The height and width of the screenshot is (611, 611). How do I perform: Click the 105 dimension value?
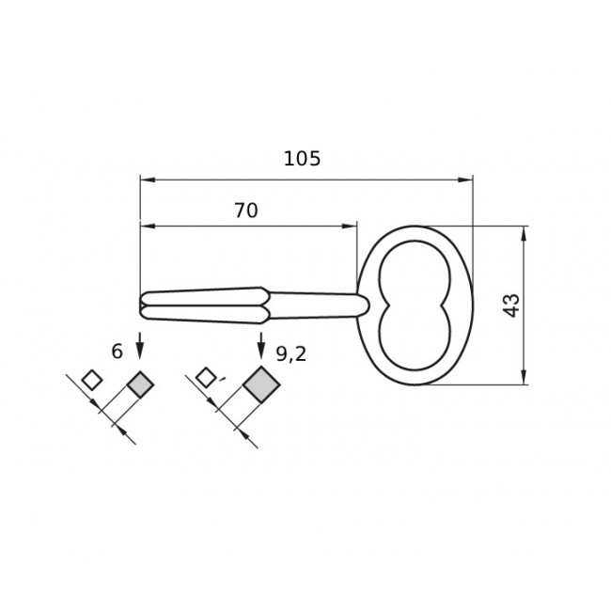click(302, 159)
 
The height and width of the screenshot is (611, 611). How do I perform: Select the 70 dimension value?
click(246, 211)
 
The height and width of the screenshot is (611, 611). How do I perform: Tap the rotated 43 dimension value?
click(510, 305)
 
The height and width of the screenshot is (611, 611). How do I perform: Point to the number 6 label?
click(117, 352)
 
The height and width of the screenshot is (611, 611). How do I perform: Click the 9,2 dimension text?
click(291, 354)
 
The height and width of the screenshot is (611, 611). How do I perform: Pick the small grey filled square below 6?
click(140, 384)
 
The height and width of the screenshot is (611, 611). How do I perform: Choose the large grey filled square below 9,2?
click(261, 384)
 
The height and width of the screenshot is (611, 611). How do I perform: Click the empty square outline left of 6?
click(92, 380)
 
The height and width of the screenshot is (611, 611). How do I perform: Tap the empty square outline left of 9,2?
click(205, 378)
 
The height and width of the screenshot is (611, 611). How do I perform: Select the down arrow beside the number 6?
click(140, 345)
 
